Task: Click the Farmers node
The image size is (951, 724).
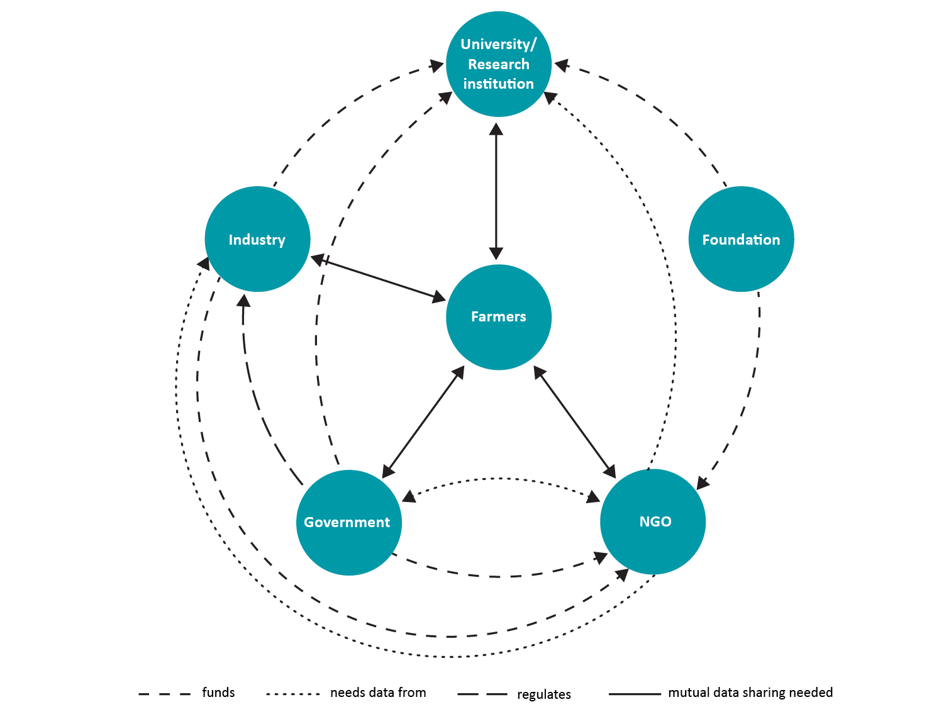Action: point(499,317)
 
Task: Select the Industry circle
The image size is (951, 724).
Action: point(257,239)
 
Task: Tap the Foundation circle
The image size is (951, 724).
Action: point(741,239)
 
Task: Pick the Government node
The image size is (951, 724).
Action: point(348,522)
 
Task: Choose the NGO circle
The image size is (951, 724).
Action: point(653,521)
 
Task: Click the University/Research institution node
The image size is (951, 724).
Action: point(499,64)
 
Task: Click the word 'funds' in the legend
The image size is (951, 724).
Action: point(218,693)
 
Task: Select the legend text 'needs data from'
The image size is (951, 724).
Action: point(378,693)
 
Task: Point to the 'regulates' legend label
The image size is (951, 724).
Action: point(544,694)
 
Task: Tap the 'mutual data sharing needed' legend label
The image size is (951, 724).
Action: point(750,693)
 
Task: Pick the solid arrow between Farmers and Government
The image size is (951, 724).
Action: point(423,422)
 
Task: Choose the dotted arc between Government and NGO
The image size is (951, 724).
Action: point(500,479)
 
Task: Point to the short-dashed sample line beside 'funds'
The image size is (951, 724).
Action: point(165,694)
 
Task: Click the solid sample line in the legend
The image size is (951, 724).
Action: point(635,694)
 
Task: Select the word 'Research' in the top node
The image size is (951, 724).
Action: point(499,64)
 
